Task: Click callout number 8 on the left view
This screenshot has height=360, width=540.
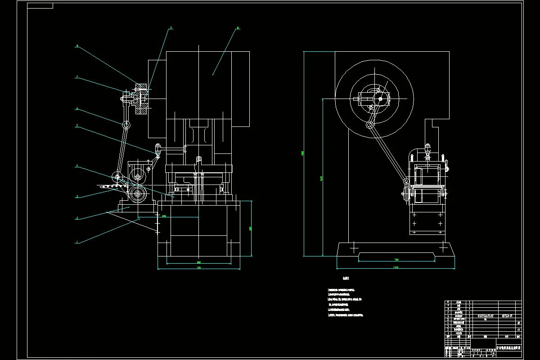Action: (x=77, y=46)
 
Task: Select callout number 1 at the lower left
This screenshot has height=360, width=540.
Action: (x=77, y=242)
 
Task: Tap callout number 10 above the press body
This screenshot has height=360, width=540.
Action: (x=238, y=28)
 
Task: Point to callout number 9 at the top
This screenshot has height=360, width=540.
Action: (x=171, y=28)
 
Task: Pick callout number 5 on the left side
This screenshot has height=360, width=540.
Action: (x=77, y=126)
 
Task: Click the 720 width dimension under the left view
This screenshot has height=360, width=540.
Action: (x=198, y=268)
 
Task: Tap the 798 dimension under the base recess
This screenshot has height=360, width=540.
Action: (x=396, y=260)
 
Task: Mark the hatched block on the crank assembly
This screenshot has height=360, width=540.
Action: (x=142, y=98)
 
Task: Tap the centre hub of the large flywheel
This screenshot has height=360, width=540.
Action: (x=380, y=98)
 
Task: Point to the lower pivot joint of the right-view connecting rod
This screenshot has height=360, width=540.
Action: (x=406, y=181)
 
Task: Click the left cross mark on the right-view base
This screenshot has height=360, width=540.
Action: (x=354, y=247)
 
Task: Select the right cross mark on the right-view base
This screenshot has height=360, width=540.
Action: (x=444, y=247)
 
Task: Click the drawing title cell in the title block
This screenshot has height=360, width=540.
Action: (x=508, y=348)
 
